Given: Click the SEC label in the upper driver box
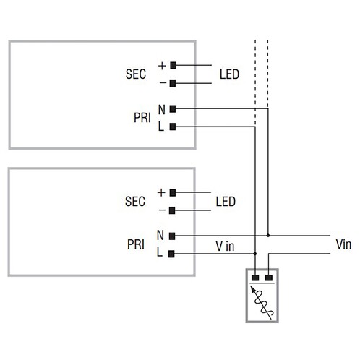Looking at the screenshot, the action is point(136,74).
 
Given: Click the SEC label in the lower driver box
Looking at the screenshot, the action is point(135,201).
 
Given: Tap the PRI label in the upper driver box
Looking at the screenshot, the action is point(142,118).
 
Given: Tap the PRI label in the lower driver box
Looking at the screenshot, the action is point(136,244).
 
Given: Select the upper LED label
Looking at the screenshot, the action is point(229,74).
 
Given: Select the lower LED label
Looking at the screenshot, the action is point(226,202).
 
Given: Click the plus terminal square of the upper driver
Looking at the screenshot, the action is point(173,65).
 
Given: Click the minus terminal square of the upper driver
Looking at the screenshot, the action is point(173,83).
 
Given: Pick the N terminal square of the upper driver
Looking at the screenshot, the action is point(173,109).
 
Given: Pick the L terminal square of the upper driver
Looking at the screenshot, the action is point(173,127).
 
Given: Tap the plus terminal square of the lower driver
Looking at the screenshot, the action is point(173,193).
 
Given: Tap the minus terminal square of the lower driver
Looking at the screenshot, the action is point(172,210).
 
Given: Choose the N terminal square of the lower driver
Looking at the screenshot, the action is point(172,236).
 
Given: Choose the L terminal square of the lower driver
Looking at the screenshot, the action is point(171,254).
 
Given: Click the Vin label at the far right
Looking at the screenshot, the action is point(343,244).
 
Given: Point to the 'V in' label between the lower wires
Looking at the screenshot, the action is point(225,247).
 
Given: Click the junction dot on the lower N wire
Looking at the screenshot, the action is point(268,236).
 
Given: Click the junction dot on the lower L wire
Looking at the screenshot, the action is point(255,254).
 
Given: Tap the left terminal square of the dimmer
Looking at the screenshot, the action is point(255,278).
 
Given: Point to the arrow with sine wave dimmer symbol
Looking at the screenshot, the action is point(262,303).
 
